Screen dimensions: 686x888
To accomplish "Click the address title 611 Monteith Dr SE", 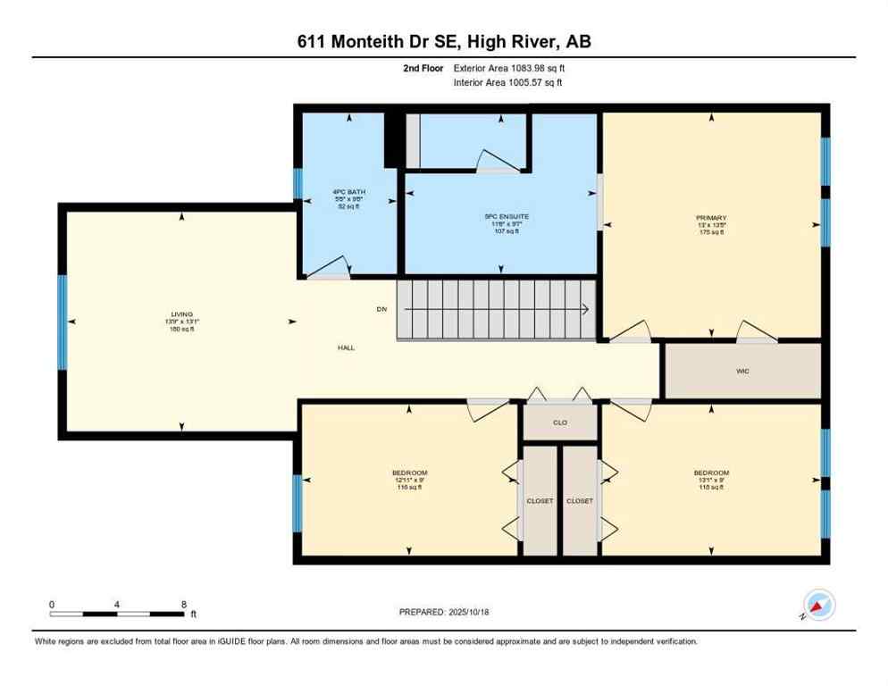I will tap(443, 41).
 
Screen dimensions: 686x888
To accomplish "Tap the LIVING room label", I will tap(182, 314).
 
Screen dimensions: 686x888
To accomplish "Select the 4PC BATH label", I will tap(348, 192).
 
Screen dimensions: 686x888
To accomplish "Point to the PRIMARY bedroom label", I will tap(711, 218).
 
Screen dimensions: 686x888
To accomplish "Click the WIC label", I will tap(741, 370).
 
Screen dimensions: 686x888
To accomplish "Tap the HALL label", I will tap(347, 347).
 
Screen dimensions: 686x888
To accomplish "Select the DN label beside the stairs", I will tap(381, 309).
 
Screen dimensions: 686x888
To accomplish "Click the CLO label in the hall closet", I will tap(560, 422).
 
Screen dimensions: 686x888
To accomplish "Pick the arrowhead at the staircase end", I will tap(584, 310).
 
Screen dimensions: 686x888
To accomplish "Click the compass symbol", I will tap(818, 605).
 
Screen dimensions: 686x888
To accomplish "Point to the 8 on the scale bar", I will tap(183, 604).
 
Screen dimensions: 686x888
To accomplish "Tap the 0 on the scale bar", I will tap(52, 604).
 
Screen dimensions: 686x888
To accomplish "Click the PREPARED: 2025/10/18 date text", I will tap(443, 612).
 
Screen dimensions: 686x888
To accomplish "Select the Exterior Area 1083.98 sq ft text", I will tap(509, 68).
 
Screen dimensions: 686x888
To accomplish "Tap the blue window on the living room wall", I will tap(63, 322).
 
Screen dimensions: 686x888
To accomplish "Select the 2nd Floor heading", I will tap(423, 68).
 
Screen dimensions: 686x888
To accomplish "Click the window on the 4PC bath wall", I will tap(298, 183).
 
